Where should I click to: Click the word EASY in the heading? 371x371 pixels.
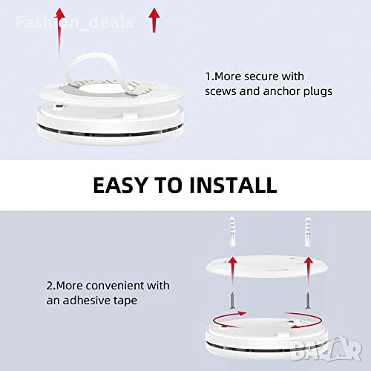pos(120,185)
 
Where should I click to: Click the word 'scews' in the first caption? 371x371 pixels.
pos(220,91)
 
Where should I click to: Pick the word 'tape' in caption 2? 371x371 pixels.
pos(125,301)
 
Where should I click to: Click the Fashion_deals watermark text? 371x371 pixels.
pos(74,22)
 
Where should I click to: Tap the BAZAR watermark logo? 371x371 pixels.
pos(326,348)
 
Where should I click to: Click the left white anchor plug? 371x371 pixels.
pos(232,232)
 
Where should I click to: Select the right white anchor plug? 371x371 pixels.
pos(307,232)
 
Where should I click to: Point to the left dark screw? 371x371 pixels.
pos(232,301)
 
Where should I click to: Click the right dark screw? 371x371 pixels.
pos(308,301)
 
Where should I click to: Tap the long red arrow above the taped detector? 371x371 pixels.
pos(59,32)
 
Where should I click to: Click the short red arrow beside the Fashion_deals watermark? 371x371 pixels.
pos(154,20)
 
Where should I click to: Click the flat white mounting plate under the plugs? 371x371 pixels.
pos(266,266)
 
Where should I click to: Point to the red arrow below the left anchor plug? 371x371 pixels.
pos(232,270)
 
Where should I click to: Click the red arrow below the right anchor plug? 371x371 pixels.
pos(308,270)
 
